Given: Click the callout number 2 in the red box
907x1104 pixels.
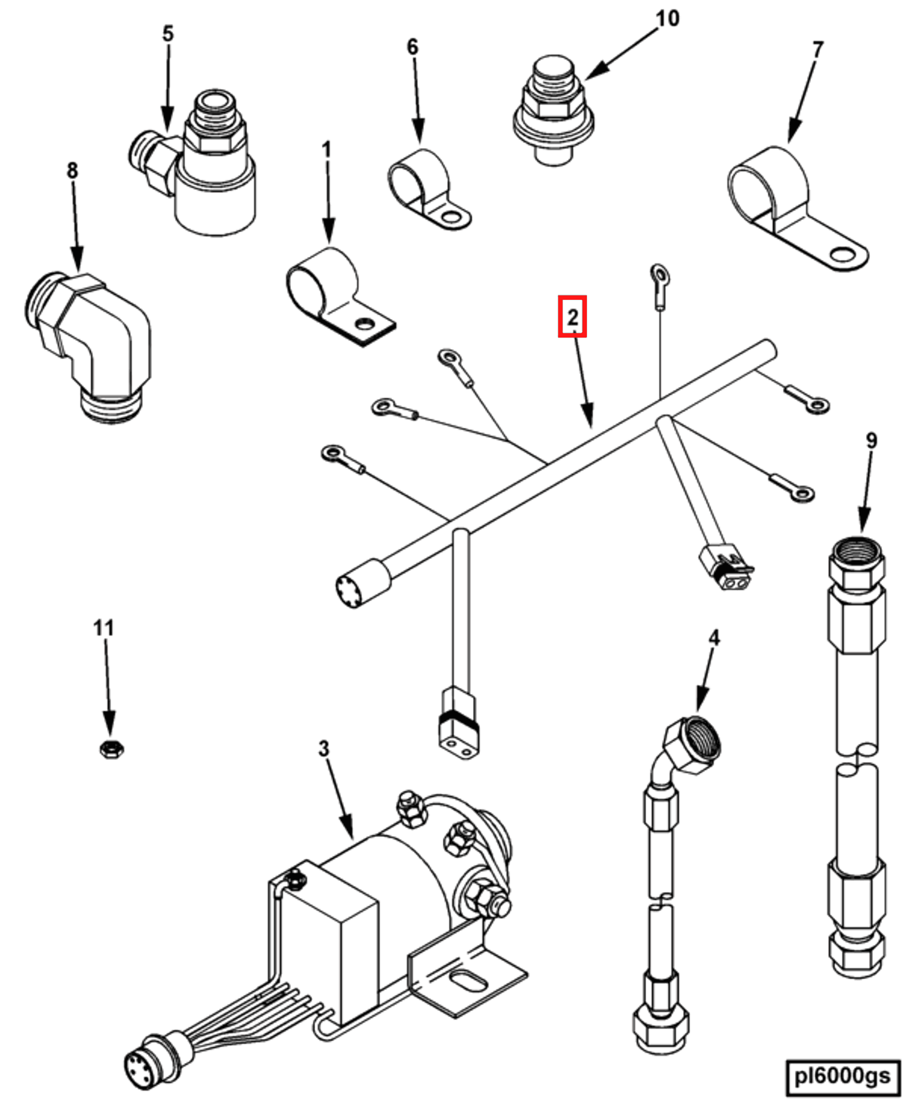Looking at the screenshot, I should (x=572, y=317).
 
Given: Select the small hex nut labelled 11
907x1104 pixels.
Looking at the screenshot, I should (x=112, y=749).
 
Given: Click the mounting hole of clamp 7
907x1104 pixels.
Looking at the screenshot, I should (x=844, y=253).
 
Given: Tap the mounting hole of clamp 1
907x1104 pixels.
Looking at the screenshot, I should (x=366, y=324).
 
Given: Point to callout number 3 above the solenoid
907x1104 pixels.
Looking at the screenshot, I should (x=323, y=749).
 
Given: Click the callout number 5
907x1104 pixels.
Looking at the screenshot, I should (x=168, y=33).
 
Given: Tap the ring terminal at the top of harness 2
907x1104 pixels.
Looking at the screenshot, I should (x=658, y=272).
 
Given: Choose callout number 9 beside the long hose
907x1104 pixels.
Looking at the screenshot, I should (x=871, y=440).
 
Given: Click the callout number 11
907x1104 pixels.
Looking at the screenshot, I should (x=104, y=628).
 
